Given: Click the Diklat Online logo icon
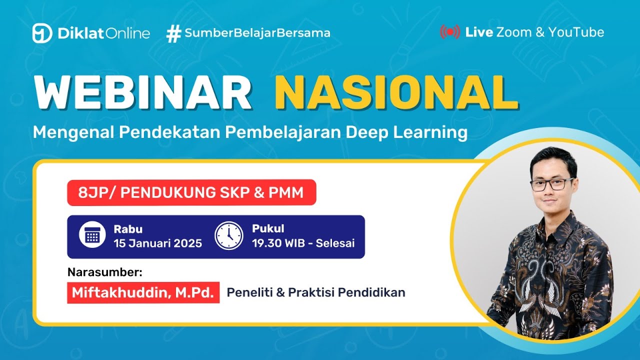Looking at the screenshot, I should tap(42, 33).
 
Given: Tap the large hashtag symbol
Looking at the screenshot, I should tap(173, 33).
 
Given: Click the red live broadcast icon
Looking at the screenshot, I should tap(449, 32).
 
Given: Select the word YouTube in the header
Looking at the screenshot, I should tap(576, 32).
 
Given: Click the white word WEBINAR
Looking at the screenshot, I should tap(142, 93).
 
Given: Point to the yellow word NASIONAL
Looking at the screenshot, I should tap(396, 93).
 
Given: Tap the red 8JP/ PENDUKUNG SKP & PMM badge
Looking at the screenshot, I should tap(191, 192).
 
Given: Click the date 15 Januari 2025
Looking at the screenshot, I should tap(157, 243).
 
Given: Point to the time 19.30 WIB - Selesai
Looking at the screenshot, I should tap(303, 243).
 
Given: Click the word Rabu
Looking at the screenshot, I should tap(128, 229).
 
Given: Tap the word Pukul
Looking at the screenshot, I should tap(268, 229).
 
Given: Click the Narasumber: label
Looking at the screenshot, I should tap(104, 272).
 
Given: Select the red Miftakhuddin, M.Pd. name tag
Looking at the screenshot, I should tap(143, 293).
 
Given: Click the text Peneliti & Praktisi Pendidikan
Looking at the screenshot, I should tap(316, 293).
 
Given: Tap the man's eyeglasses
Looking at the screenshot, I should tap(552, 183).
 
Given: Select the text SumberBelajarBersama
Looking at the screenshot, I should tap(257, 33).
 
